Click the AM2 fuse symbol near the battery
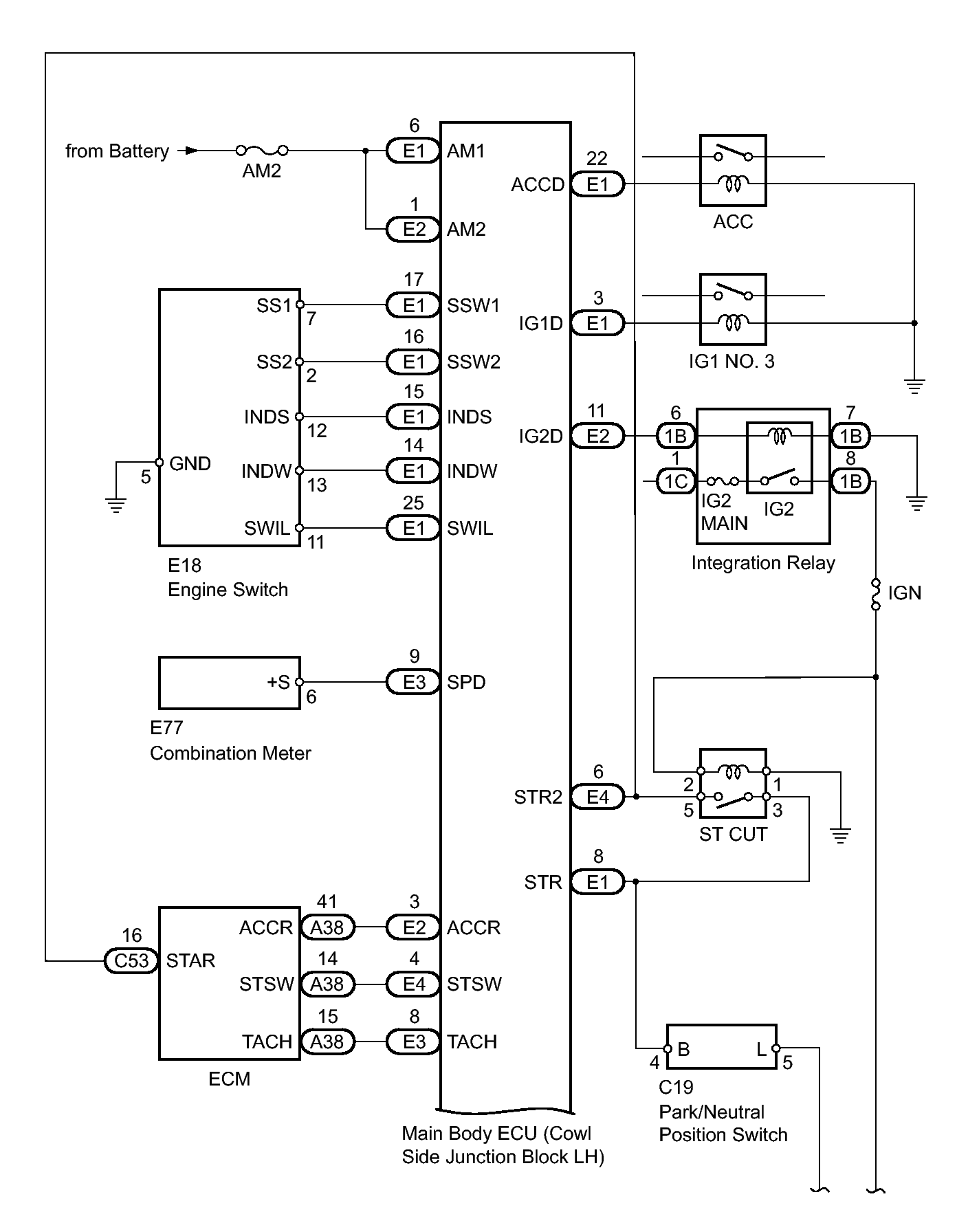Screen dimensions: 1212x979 [261, 150]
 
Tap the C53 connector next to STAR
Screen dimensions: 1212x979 [131, 960]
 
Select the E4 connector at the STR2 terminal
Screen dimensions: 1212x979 [597, 797]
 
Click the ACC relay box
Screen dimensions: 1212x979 [733, 170]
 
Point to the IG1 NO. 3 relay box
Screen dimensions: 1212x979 [733, 309]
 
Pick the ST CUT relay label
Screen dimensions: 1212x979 [733, 835]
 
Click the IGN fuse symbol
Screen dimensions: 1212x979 [876, 595]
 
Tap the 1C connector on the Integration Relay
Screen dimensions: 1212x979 [676, 481]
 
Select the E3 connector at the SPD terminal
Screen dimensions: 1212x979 [414, 682]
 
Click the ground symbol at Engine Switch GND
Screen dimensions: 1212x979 [116, 505]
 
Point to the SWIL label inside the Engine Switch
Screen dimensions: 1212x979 [267, 528]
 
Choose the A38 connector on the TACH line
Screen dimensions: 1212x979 [327, 1042]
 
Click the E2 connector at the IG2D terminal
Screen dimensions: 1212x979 [597, 436]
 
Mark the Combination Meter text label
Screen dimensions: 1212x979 [230, 753]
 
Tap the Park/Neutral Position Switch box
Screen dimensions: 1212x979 [721, 1047]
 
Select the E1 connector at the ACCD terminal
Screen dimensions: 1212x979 [597, 184]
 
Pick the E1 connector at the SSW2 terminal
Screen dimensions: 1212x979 [414, 362]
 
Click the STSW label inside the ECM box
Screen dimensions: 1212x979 [266, 984]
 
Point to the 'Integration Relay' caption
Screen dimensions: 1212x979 [763, 563]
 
